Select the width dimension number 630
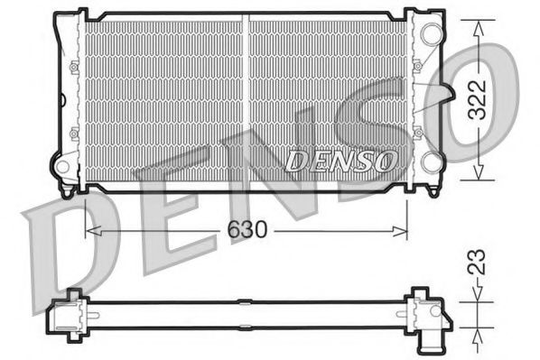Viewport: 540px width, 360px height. coord(246,231)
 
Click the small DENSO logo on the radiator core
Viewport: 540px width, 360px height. coord(340,161)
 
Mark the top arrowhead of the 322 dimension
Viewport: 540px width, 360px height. coord(478,23)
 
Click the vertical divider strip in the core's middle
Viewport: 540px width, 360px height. coord(245,98)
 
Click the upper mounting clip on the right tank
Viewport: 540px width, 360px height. coord(417,66)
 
